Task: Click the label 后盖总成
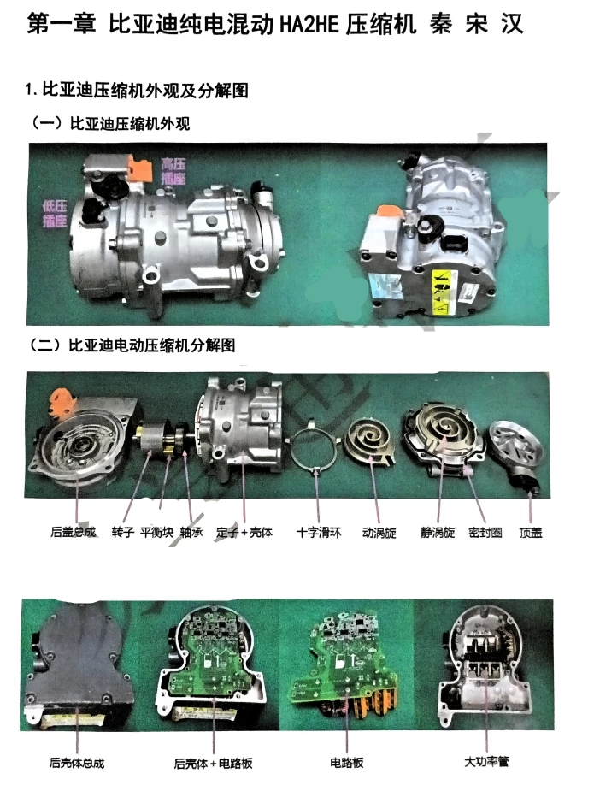tap(74, 532)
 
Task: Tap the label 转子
tap(126, 532)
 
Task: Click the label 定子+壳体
tap(244, 532)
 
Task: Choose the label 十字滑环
tap(319, 532)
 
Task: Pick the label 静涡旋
tap(438, 532)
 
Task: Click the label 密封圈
tap(485, 532)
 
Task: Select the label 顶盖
tap(531, 532)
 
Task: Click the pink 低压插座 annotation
tap(56, 211)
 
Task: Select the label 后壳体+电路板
tap(213, 762)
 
